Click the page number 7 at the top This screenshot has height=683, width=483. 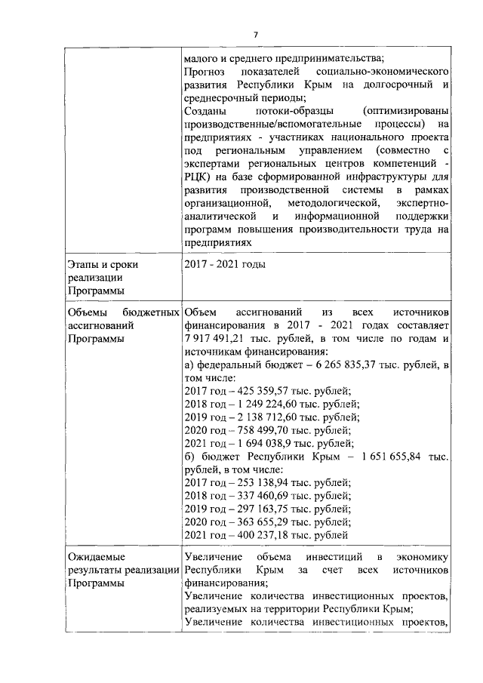(x=256, y=35)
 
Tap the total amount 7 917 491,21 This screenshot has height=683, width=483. (x=216, y=338)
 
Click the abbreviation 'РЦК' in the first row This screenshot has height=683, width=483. (x=196, y=175)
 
